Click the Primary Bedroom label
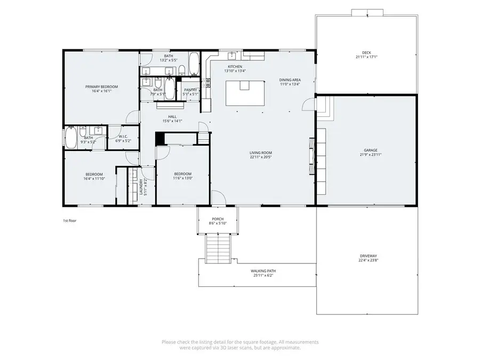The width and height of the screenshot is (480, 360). point(101,86)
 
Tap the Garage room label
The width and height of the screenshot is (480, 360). point(369,150)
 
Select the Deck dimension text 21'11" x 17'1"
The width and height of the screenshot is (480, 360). point(366,57)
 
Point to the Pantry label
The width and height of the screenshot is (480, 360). point(190,90)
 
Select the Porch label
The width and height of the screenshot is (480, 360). point(218,219)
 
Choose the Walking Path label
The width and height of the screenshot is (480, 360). point(263,271)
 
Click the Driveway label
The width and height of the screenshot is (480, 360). point(368,257)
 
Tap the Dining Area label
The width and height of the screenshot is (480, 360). point(290,80)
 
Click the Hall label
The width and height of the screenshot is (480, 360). point(172,117)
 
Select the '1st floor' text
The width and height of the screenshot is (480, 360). point(69,220)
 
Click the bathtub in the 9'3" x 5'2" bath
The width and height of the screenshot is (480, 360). point(70,138)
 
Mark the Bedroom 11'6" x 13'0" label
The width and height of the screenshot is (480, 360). point(183,174)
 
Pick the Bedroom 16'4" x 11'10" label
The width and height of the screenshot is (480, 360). point(94,174)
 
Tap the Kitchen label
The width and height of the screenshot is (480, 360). point(235,67)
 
